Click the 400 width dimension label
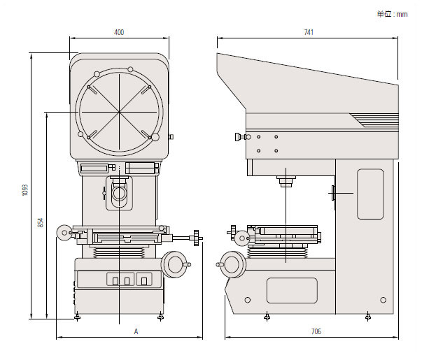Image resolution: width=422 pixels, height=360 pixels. click(x=119, y=32)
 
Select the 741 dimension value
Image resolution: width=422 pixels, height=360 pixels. click(x=308, y=32)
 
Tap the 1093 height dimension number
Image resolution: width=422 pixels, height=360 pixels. click(x=24, y=190)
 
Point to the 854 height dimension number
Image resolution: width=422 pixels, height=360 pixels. click(x=40, y=222)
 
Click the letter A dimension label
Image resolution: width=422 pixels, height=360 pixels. click(x=136, y=331)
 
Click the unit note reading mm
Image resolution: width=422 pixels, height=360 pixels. click(x=391, y=13)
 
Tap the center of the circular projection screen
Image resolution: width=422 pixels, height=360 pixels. click(x=120, y=110)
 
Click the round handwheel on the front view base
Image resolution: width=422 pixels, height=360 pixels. click(x=174, y=264)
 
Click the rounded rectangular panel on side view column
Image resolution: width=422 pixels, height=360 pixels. click(x=370, y=193)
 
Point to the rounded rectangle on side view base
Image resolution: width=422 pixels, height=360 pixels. click(x=291, y=290)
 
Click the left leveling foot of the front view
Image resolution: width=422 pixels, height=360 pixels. click(x=77, y=318)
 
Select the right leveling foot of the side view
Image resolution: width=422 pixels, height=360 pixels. click(x=370, y=318)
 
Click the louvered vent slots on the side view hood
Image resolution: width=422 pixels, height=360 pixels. click(x=375, y=120)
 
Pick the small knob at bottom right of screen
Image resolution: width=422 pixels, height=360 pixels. click(x=156, y=136)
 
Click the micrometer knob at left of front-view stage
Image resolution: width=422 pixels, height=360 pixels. click(x=64, y=232)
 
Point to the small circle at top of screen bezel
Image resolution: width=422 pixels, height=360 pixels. click(x=130, y=69)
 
